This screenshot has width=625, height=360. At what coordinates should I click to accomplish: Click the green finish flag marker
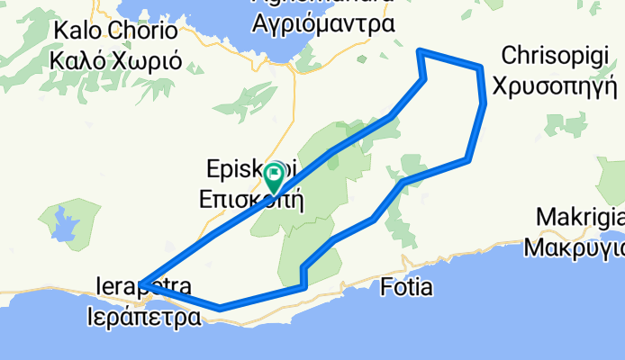pyautogui.click(x=273, y=175)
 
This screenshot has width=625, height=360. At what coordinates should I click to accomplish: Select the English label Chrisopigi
pyautogui.click(x=560, y=56)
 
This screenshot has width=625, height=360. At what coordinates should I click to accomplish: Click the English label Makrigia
pyautogui.click(x=580, y=218)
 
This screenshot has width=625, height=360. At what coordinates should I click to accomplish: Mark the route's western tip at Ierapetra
pyautogui.click(x=142, y=284)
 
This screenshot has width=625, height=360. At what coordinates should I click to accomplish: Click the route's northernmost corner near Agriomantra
pyautogui.click(x=420, y=51)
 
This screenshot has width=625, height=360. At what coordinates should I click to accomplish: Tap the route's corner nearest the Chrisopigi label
pyautogui.click(x=482, y=68)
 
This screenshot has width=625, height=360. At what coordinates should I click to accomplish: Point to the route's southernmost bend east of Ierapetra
pyautogui.click(x=220, y=308)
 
